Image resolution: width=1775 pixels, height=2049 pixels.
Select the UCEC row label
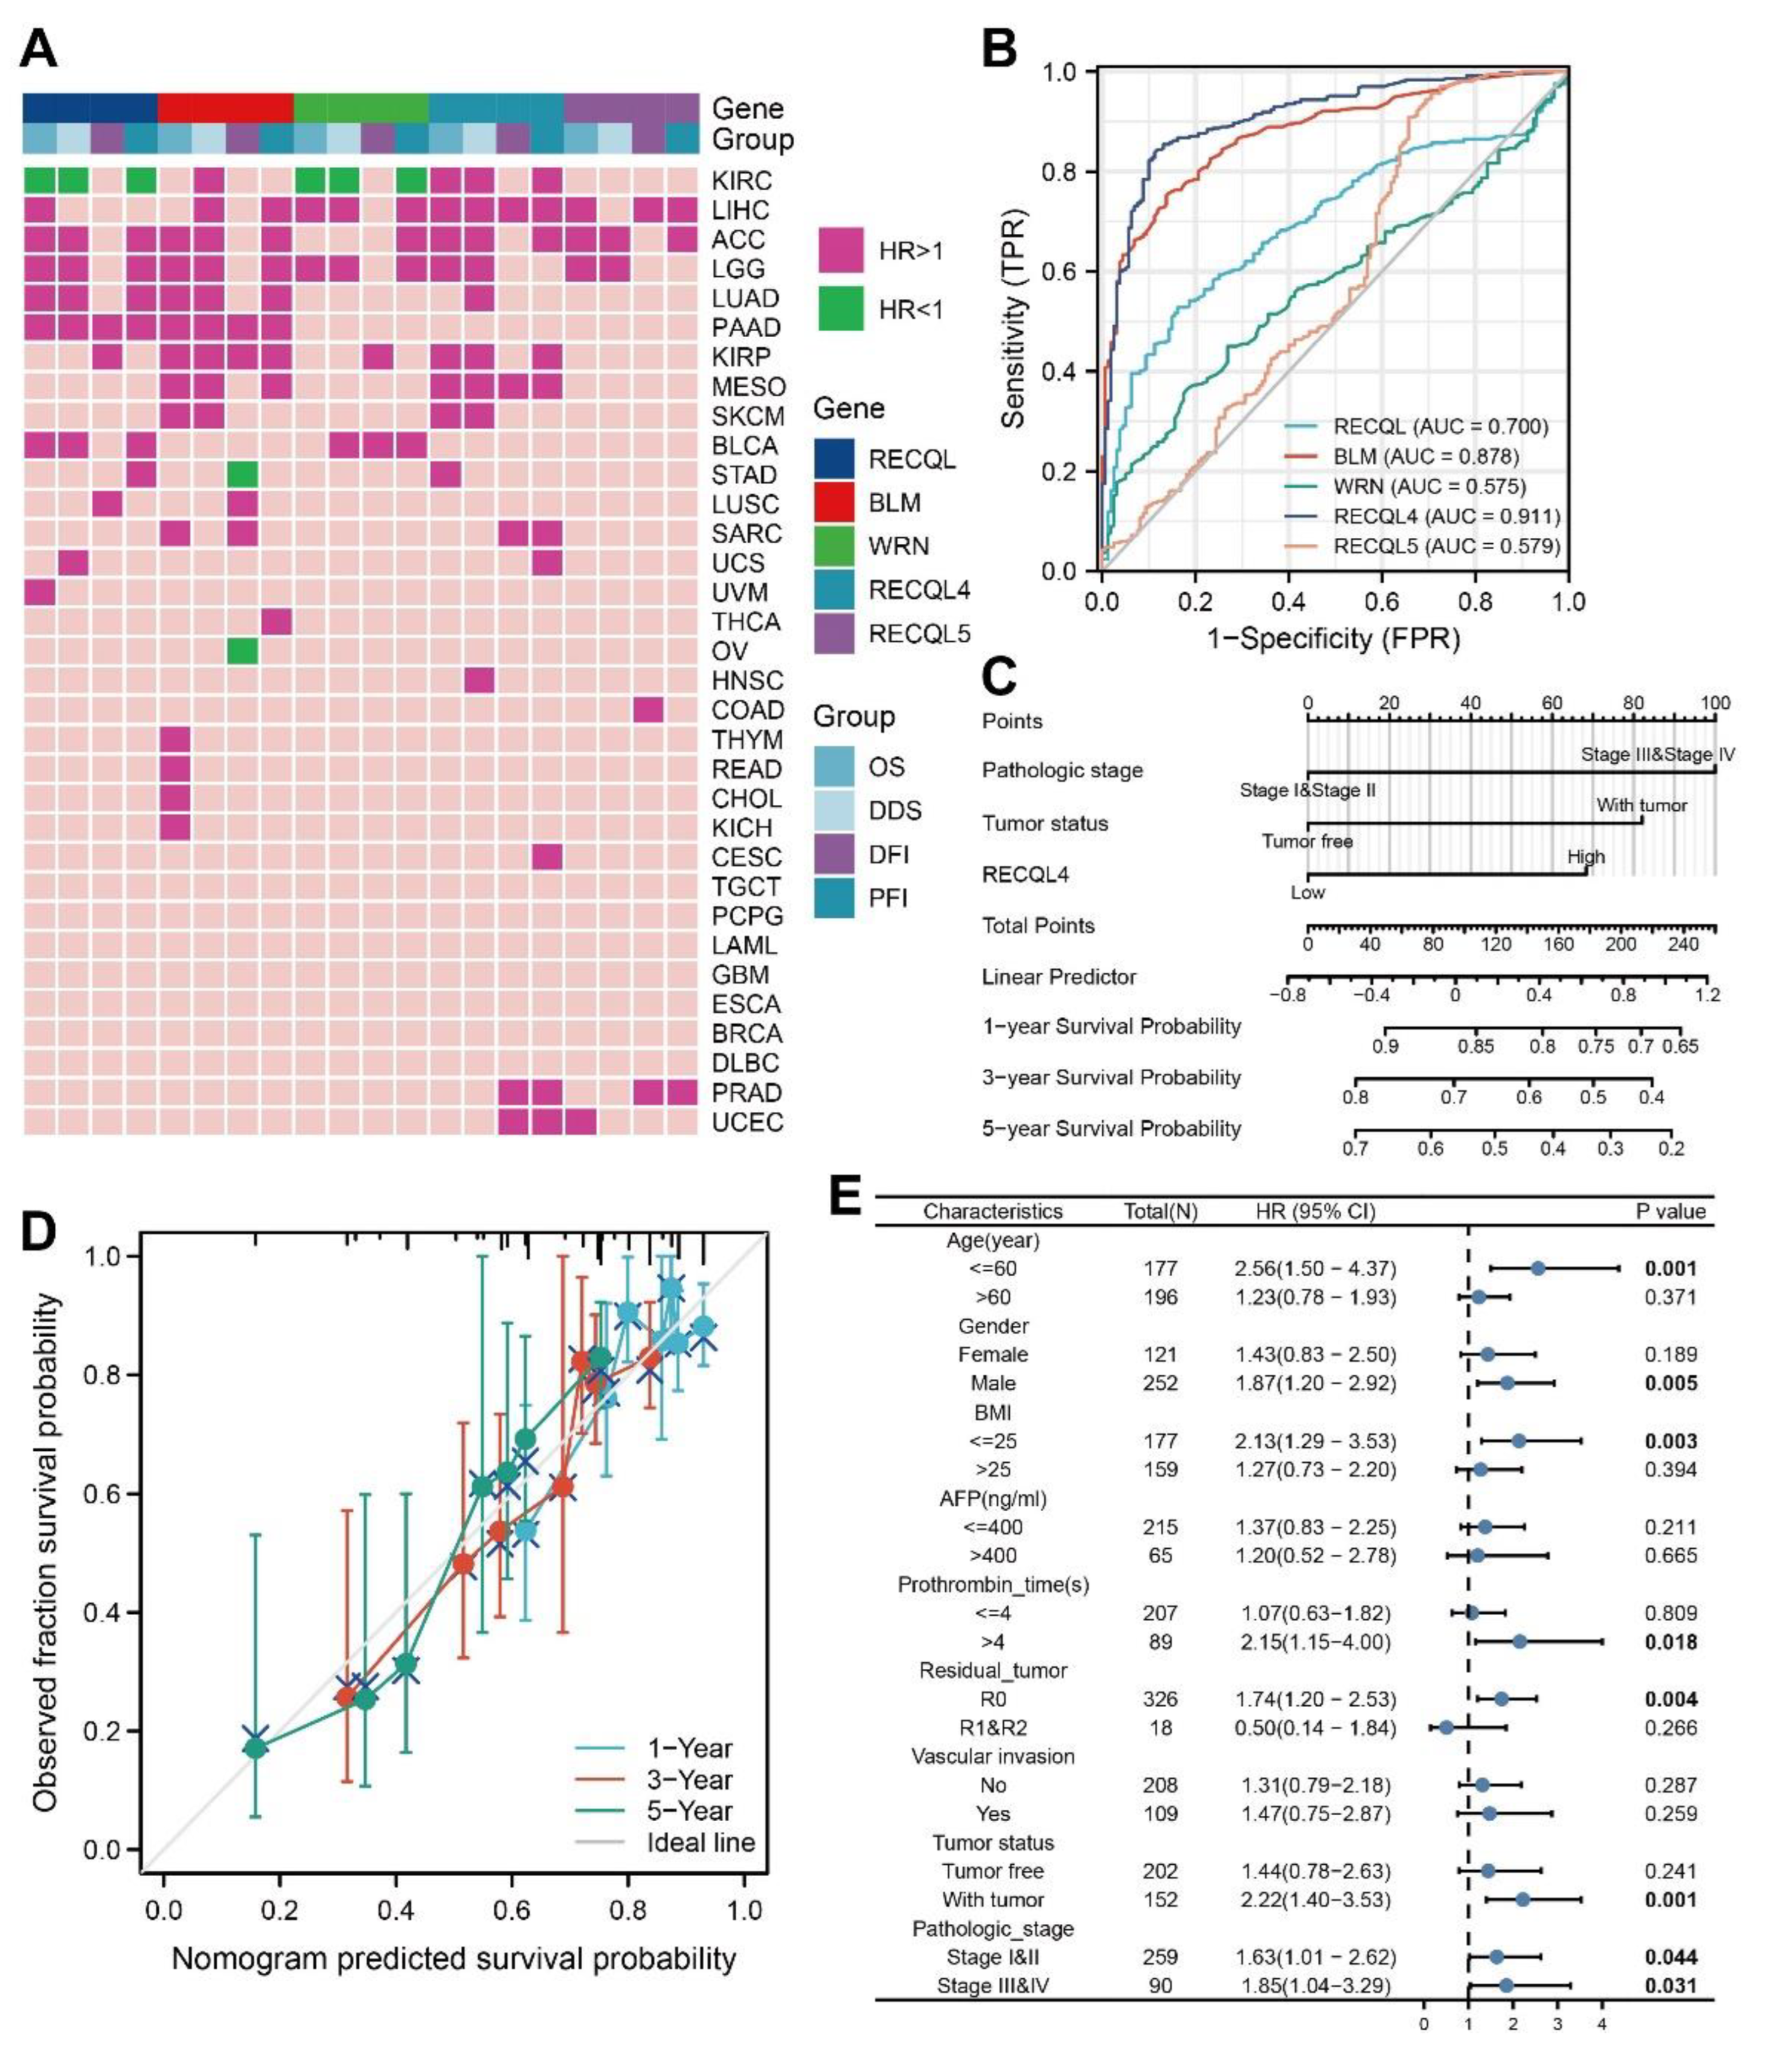(x=747, y=1123)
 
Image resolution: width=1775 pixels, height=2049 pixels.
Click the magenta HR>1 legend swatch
(x=840, y=250)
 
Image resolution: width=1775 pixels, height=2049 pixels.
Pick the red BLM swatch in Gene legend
(x=834, y=503)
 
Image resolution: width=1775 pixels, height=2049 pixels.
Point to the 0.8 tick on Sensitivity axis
(x=1059, y=172)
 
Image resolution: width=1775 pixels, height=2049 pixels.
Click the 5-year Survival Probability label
(x=1111, y=1129)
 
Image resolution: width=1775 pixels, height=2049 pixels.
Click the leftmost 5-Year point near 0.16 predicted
(x=255, y=1749)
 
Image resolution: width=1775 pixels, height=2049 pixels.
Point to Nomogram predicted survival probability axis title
(x=454, y=1960)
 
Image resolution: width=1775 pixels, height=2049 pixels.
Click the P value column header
(x=1669, y=1211)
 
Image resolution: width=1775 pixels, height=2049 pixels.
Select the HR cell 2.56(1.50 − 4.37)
(x=1314, y=1268)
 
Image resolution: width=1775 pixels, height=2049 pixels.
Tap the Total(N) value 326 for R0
(x=1160, y=1699)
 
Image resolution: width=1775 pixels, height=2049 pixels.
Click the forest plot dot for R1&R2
(x=1445, y=1727)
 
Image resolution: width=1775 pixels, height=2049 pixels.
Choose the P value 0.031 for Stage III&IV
(x=1670, y=1986)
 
